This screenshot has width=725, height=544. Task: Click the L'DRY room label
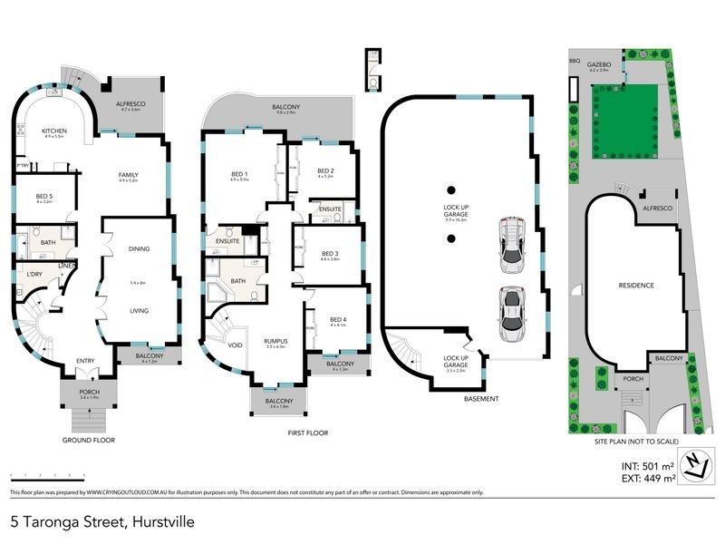(35, 274)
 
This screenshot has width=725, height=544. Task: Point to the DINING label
(139, 248)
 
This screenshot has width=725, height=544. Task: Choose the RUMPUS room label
(275, 340)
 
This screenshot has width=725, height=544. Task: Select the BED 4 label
(338, 319)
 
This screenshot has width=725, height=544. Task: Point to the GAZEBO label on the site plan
(600, 65)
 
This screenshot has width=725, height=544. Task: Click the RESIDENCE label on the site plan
(635, 285)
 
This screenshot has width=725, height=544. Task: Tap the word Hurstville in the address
(163, 522)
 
